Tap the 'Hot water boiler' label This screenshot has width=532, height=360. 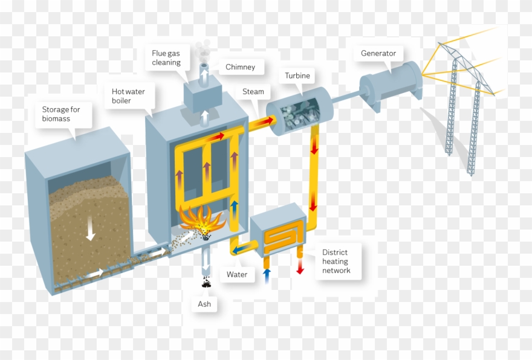click(x=128, y=96)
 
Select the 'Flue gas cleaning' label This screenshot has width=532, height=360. click(x=166, y=58)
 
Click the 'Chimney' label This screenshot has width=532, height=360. click(x=240, y=67)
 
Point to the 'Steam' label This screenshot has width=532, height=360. click(x=253, y=92)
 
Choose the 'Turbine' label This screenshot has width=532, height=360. click(x=297, y=76)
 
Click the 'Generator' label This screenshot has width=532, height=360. click(x=378, y=53)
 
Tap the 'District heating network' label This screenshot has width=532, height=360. click(x=336, y=262)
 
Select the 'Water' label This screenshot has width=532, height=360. click(x=237, y=274)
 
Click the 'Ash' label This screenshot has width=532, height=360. click(x=204, y=304)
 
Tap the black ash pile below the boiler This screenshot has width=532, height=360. click(x=206, y=281)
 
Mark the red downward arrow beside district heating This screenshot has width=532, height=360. click(x=300, y=266)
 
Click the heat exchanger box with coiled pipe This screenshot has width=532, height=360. click(x=279, y=233)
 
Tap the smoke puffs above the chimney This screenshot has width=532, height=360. click(x=205, y=49)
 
